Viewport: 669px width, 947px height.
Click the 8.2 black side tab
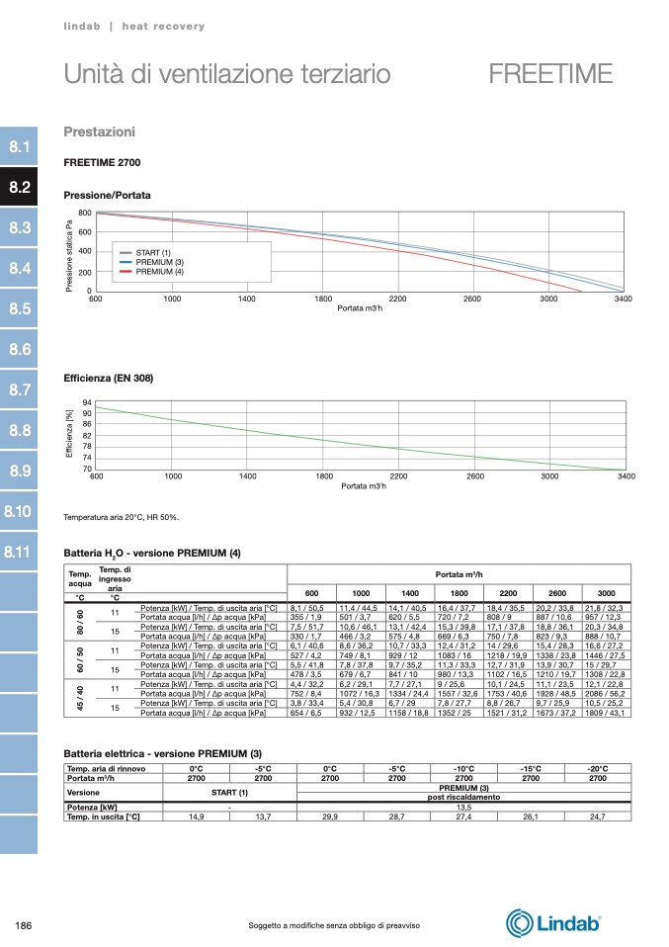click(x=19, y=187)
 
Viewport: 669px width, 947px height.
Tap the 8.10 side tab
click(x=19, y=511)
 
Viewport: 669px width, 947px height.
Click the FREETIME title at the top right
click(x=550, y=74)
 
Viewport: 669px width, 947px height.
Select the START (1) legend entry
click(x=153, y=253)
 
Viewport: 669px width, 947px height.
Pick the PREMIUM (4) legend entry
click(x=159, y=271)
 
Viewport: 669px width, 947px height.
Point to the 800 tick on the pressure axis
click(x=85, y=214)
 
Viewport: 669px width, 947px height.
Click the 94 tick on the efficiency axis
click(x=87, y=403)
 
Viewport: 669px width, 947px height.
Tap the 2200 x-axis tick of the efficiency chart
click(x=398, y=476)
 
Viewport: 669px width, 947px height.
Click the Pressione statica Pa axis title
click(x=70, y=253)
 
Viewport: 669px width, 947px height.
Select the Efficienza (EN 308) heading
click(x=108, y=379)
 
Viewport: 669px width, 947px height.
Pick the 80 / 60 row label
click(x=80, y=619)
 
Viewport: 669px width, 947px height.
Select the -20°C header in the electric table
click(x=597, y=768)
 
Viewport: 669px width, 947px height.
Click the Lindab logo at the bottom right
click(x=554, y=923)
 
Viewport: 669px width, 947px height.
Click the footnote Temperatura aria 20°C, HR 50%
click(x=121, y=517)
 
